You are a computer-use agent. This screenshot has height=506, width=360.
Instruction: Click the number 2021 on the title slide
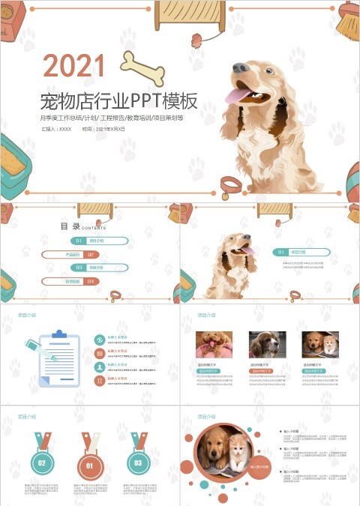coord(74,66)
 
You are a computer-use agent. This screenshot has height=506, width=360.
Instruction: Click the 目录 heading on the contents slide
coord(70,226)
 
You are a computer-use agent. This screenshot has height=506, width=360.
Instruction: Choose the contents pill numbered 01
coord(100,241)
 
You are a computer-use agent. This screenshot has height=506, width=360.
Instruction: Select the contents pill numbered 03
coord(100,268)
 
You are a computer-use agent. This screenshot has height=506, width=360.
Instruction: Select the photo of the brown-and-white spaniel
coord(267,344)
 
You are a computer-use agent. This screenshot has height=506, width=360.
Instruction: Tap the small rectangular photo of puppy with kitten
coord(320,344)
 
